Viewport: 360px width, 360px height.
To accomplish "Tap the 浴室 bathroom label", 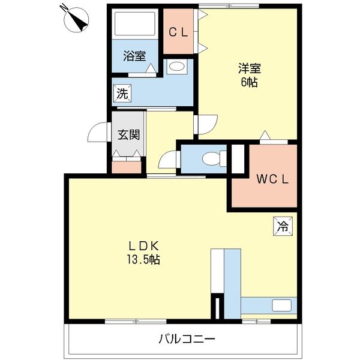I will click(x=135, y=56).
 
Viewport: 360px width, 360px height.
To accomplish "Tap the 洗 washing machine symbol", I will click(x=122, y=93).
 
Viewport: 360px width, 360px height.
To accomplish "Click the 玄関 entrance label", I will click(x=128, y=134).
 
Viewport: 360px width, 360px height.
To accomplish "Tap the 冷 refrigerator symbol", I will click(x=283, y=226).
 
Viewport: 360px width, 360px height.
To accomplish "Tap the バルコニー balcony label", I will click(x=187, y=340).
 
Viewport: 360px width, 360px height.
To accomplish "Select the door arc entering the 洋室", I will click(x=205, y=122).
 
